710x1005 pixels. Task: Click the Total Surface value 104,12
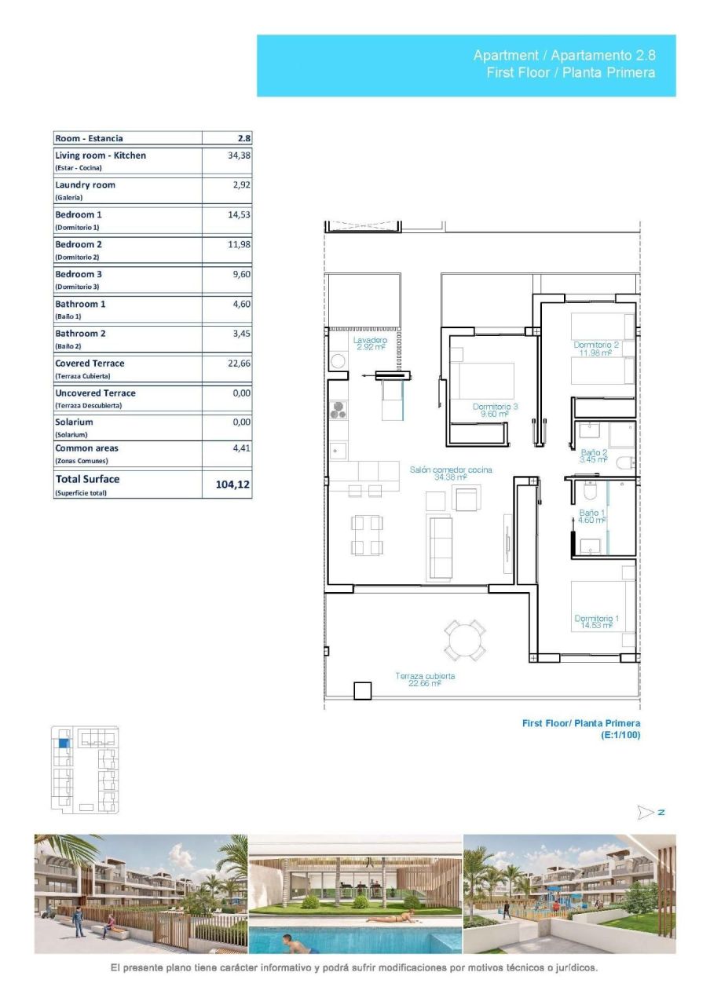pos(232,485)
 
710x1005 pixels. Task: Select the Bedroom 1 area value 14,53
pos(239,214)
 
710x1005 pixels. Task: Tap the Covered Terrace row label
pos(90,364)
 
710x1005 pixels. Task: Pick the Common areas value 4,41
pos(241,448)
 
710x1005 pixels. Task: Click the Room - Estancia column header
pos(89,138)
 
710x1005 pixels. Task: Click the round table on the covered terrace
pos(464,640)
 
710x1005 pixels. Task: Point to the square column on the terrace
pos(362,690)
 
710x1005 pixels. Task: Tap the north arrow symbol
pos(646,811)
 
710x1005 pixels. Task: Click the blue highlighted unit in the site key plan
pos(64,743)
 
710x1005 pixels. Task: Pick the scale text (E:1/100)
pos(620,736)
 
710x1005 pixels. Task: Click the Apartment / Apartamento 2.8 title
pos(563,56)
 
